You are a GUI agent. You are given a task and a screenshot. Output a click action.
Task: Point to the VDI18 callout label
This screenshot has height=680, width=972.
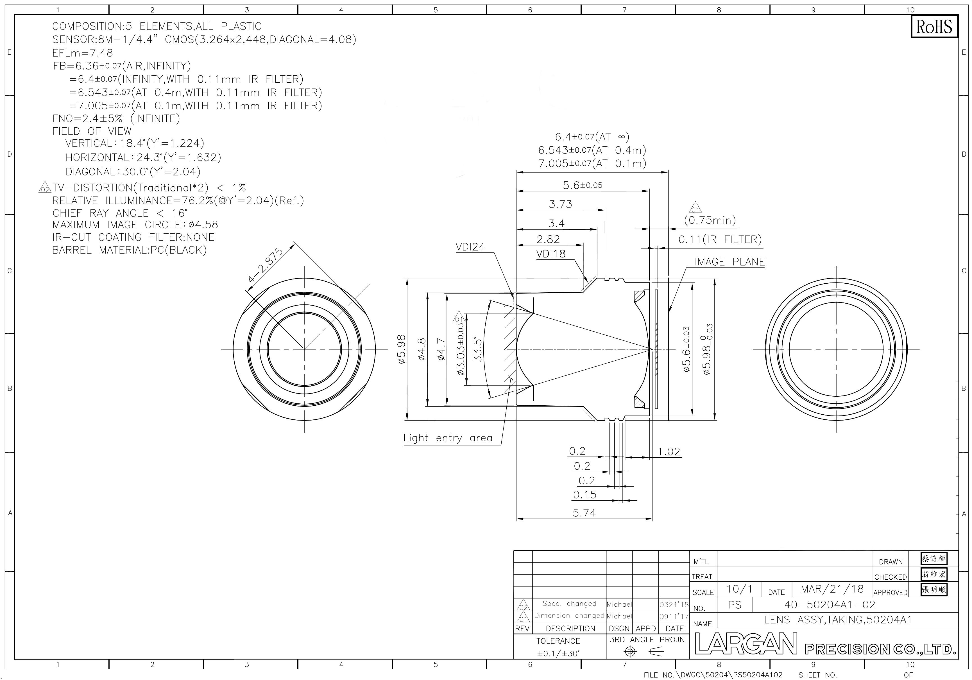coord(551,254)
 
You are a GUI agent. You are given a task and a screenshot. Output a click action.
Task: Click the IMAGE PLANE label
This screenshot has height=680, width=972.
coord(729,262)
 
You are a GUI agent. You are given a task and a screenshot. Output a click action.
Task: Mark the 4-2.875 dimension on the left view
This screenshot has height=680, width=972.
coord(266,265)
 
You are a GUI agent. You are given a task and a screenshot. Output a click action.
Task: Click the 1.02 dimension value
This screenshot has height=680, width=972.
coord(669,452)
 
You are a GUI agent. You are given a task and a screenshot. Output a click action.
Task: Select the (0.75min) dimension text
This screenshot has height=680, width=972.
coord(710,220)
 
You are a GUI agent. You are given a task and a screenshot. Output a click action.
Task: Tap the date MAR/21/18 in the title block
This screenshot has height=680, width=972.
coord(832,589)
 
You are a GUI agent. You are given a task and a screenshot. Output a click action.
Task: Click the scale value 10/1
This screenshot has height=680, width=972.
coord(740,589)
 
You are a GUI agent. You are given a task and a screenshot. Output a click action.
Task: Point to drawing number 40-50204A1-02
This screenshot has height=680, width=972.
coord(830,605)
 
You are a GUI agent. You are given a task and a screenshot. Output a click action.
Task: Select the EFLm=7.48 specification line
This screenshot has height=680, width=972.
coord(83,53)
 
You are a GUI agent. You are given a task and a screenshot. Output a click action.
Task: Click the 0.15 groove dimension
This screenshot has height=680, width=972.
coord(585,494)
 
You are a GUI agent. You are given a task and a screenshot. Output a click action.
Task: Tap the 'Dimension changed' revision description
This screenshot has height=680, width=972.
coord(569,616)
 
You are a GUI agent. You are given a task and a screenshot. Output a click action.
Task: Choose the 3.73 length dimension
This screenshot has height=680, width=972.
coord(561,204)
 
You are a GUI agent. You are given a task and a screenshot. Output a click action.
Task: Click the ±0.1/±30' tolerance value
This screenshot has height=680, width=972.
coord(558,653)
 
